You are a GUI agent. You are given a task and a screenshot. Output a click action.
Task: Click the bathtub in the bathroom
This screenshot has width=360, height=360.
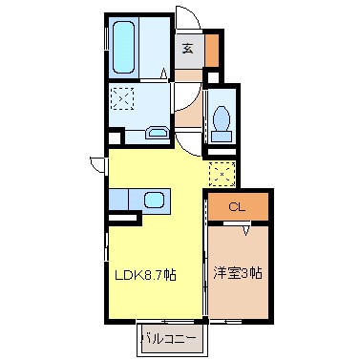point(126,46)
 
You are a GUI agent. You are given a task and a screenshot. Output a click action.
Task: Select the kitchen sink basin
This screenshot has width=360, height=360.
point(153,202)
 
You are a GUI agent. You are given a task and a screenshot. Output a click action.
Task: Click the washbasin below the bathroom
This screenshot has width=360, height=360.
point(158,133)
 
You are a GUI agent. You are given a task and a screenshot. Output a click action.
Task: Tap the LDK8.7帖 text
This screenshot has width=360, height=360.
point(145,275)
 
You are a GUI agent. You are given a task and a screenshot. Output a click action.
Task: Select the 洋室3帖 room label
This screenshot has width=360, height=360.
point(239,272)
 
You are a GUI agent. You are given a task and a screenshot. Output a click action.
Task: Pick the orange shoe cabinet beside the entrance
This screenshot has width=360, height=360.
point(212,47)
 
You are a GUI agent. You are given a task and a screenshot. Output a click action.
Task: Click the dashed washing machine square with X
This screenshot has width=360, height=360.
point(122,98)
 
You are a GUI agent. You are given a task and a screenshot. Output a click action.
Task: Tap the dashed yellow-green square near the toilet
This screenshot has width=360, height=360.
point(222,175)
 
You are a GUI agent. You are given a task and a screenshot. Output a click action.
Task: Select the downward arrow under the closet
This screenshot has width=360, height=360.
point(246,227)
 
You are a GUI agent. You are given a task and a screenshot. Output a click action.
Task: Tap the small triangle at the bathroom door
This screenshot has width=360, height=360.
point(163,72)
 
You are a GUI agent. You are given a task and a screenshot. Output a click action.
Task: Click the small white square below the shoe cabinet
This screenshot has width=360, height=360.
point(213,75)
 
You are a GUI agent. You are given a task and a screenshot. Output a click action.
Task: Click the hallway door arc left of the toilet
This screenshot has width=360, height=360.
point(190,141)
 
